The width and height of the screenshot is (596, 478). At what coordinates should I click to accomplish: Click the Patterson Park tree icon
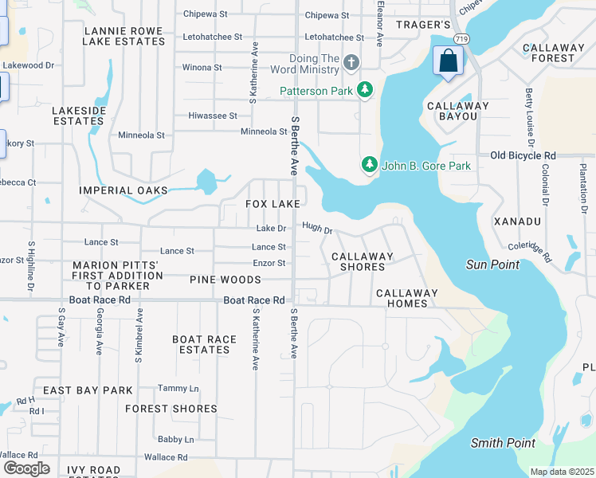(365, 91)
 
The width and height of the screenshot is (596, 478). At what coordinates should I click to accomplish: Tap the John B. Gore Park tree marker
(369, 165)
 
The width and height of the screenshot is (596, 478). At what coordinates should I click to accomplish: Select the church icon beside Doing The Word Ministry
(351, 62)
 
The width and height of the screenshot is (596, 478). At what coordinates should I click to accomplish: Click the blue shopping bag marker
(448, 61)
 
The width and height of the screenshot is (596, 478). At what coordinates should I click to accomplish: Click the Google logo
(26, 468)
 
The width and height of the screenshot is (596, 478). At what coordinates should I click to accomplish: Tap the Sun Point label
(492, 264)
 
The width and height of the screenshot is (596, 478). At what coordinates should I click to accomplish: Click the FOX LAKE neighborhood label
(273, 204)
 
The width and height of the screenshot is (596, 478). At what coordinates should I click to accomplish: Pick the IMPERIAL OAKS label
(124, 190)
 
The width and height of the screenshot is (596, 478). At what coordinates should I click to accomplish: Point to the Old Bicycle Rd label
(523, 155)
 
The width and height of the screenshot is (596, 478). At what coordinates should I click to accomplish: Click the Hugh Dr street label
(316, 229)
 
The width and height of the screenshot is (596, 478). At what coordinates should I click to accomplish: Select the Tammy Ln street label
(178, 388)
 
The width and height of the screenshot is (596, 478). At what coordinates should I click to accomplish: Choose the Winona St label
(202, 68)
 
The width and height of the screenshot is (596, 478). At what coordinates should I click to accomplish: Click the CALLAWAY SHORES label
(363, 261)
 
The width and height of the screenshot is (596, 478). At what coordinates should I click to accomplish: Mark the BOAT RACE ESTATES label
(205, 344)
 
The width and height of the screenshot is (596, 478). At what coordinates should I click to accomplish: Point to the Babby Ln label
(175, 439)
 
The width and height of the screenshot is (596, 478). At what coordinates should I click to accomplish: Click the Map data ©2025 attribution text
(562, 472)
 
